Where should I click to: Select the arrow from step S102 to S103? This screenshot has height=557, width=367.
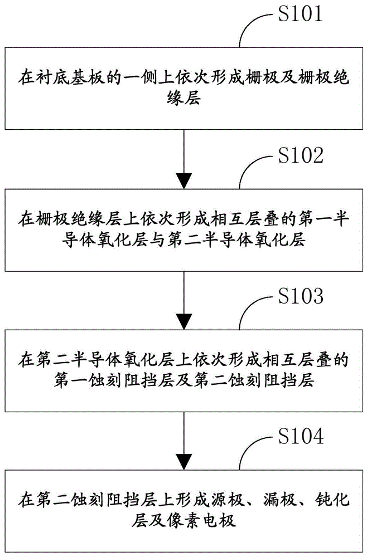click(x=183, y=301)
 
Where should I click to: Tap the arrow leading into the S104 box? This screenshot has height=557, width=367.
click(x=183, y=442)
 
